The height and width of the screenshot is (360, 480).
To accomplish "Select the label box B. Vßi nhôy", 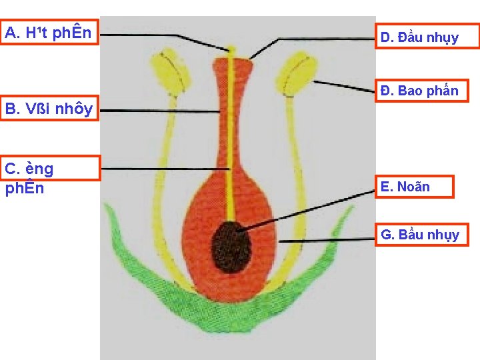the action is point(49,108).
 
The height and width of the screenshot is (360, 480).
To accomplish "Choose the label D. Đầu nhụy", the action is point(427,37).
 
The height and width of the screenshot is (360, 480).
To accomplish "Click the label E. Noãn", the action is point(414,187).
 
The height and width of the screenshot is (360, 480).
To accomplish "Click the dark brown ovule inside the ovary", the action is point(231,246).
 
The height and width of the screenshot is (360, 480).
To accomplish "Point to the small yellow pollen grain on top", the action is point(231,49).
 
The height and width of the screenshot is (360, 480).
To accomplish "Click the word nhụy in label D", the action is point(443,38).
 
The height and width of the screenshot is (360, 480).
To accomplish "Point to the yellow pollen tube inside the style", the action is point(231,147).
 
